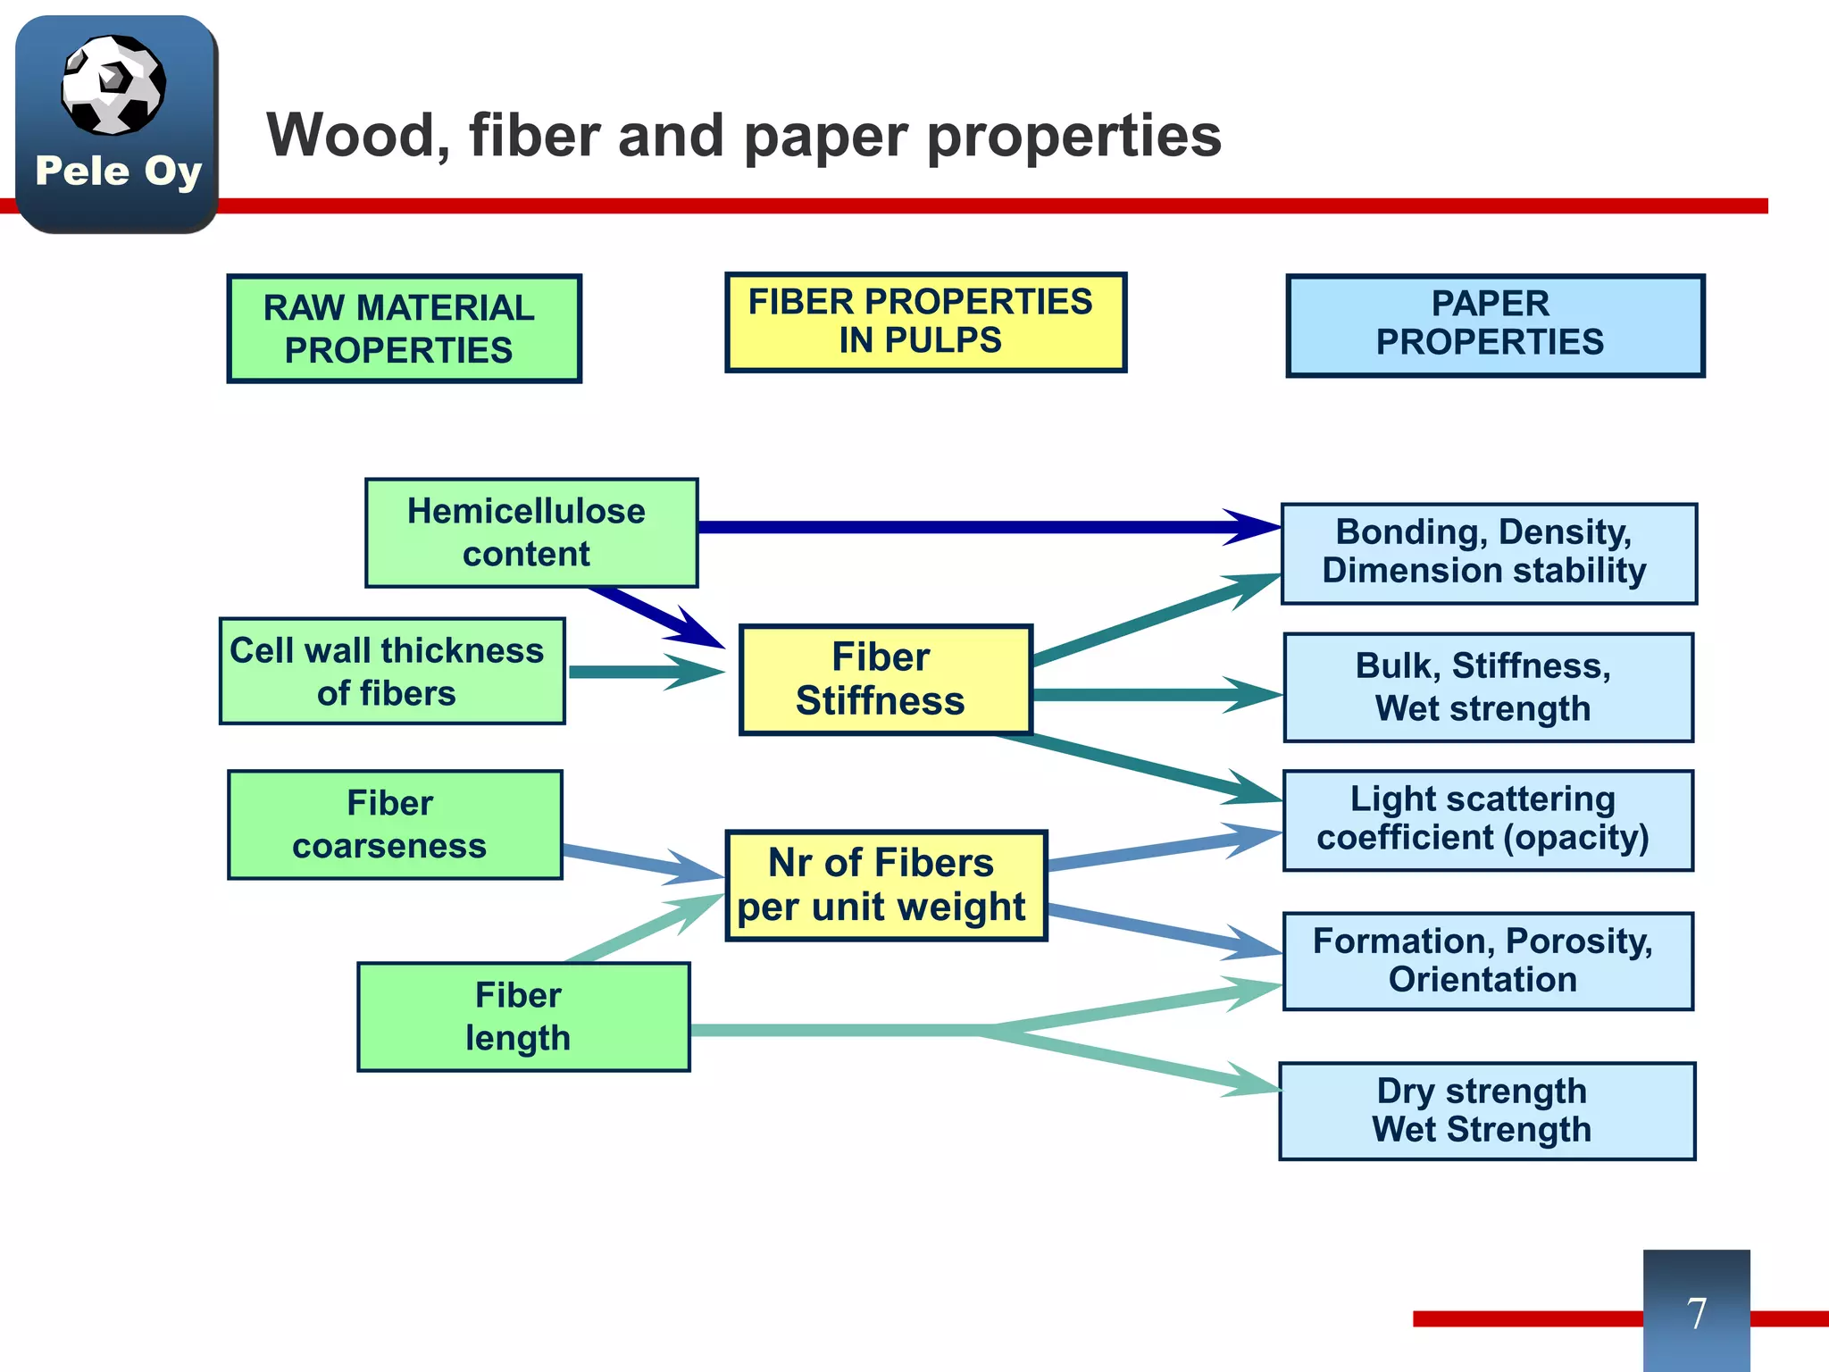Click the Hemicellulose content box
click(x=531, y=532)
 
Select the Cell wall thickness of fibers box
click(x=392, y=671)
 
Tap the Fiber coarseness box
click(x=395, y=824)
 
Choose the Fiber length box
click(x=523, y=1016)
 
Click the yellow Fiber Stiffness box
click(x=886, y=680)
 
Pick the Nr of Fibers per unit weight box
click(x=886, y=885)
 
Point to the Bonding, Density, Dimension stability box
click(x=1489, y=554)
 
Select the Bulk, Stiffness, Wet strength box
click(x=1489, y=688)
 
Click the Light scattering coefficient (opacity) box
click(x=1489, y=820)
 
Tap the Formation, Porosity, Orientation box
click(x=1489, y=961)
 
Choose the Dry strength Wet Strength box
click(x=1487, y=1111)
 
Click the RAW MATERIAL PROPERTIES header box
click(x=405, y=329)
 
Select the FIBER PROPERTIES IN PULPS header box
click(x=926, y=322)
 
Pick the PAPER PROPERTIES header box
click(x=1496, y=326)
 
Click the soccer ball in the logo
click(x=113, y=85)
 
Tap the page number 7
click(x=1697, y=1313)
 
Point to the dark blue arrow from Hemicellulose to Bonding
click(x=990, y=527)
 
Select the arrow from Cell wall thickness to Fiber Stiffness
click(x=647, y=672)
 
